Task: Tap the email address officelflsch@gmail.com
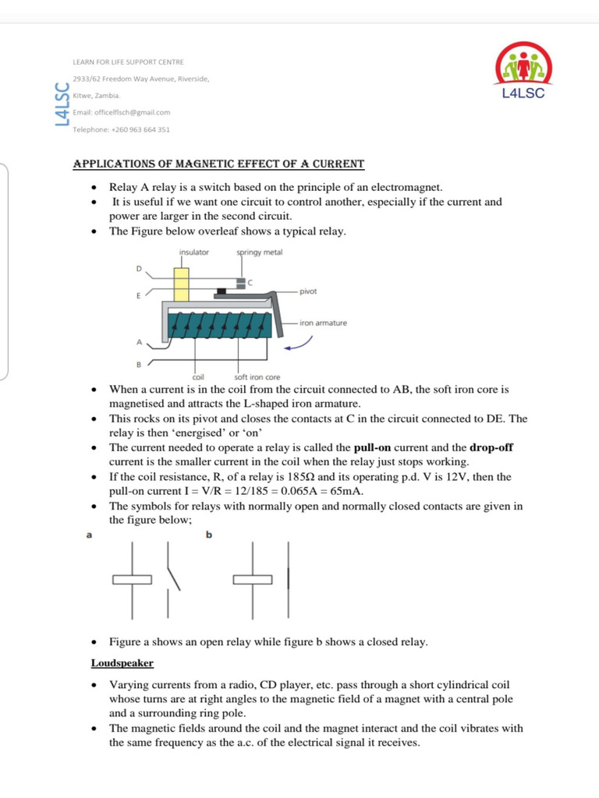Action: (121, 112)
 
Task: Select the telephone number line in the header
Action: (121, 129)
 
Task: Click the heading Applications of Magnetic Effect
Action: (218, 164)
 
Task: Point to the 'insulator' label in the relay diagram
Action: (194, 252)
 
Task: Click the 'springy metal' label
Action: (260, 252)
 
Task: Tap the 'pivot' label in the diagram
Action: (308, 291)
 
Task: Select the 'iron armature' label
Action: (323, 322)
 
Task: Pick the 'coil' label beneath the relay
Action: (198, 377)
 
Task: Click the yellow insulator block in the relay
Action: (182, 284)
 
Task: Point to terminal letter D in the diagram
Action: (140, 269)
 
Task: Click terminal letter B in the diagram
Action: (140, 364)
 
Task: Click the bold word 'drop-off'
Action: (491, 448)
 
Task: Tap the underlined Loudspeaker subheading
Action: (122, 663)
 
